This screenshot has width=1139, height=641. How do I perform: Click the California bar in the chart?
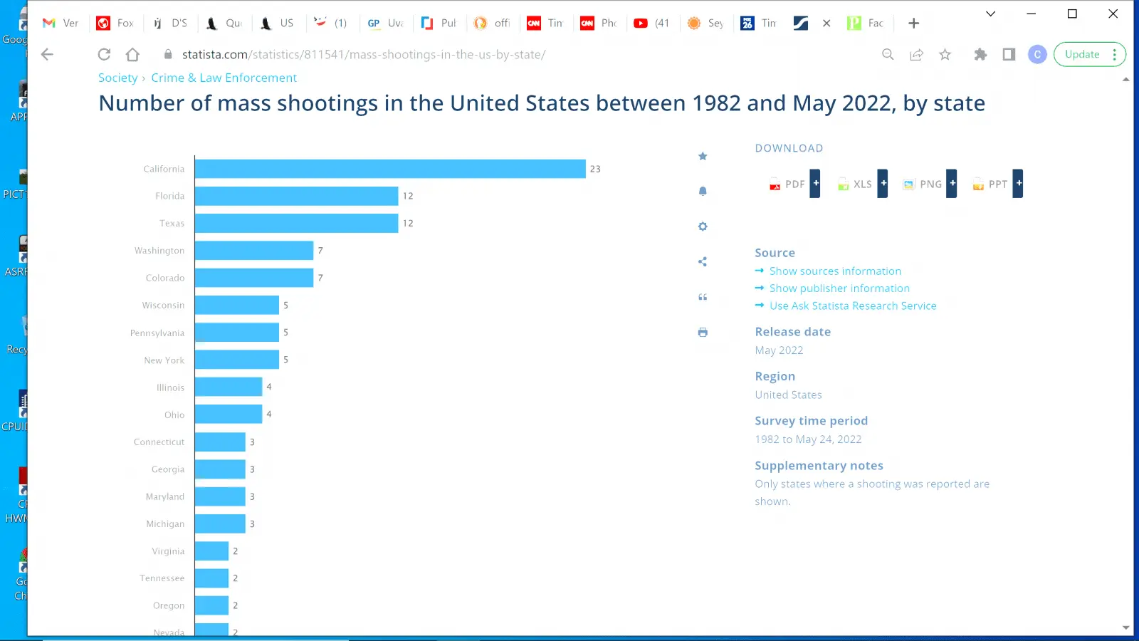(390, 169)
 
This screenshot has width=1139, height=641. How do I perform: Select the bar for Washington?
(254, 251)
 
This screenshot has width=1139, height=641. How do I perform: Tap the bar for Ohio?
(229, 415)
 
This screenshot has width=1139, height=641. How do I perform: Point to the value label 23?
(595, 170)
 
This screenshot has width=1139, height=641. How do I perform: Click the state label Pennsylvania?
(157, 333)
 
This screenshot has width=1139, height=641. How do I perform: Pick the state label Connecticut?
(159, 442)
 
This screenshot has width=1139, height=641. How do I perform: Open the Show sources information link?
(835, 271)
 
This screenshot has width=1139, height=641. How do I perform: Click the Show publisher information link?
(839, 288)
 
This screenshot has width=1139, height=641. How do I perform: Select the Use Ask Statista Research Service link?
(853, 306)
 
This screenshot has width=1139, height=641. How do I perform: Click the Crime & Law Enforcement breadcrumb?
(224, 78)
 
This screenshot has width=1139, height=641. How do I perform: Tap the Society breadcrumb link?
(118, 78)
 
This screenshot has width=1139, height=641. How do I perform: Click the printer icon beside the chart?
(703, 332)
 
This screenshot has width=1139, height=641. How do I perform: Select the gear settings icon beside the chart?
(703, 226)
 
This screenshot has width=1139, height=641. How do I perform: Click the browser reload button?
(104, 54)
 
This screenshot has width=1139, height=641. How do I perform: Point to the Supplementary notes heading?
(819, 466)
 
